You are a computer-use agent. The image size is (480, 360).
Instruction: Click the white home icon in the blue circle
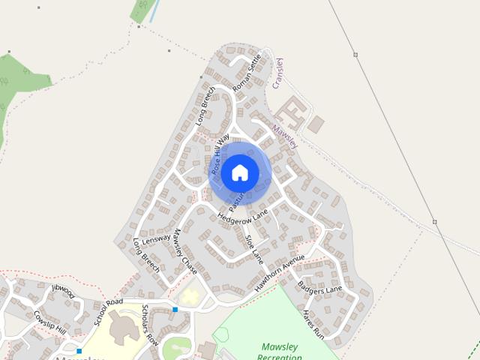click(x=239, y=172)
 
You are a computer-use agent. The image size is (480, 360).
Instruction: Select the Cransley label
click(x=278, y=73)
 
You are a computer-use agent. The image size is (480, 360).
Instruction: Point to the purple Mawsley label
click(x=286, y=135)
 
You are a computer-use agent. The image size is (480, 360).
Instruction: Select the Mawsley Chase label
click(x=184, y=251)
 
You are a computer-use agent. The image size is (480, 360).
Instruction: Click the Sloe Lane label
click(x=255, y=249)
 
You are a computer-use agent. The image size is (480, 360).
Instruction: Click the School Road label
click(x=108, y=312)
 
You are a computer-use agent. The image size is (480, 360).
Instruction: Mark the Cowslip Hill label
click(x=51, y=322)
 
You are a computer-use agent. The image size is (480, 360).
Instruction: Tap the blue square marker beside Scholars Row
click(x=175, y=309)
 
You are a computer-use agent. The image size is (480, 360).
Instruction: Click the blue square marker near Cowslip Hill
click(x=79, y=351)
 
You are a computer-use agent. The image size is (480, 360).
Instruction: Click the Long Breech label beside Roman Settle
click(x=205, y=106)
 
